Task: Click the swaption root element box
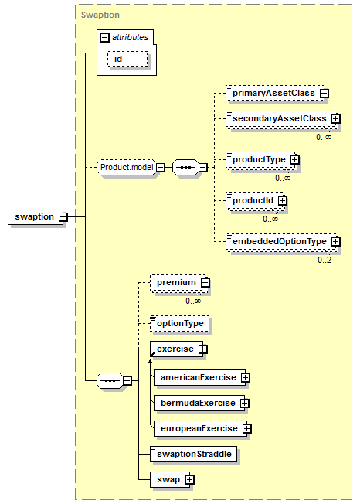tap(36, 216)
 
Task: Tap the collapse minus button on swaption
tap(63, 216)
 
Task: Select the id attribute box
tap(127, 60)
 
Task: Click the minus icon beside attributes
tap(105, 38)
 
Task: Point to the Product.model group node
tap(126, 167)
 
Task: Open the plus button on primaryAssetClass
tap(324, 94)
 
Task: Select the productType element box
tap(261, 160)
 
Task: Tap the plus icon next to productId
tap(282, 200)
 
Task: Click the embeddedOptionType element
tap(282, 242)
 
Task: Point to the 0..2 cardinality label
tap(324, 260)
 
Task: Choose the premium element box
tap(178, 283)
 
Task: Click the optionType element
tap(179, 323)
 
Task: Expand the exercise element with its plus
tap(203, 349)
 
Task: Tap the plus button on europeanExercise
tap(246, 429)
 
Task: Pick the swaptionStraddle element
tap(193, 455)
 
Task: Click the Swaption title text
tap(100, 15)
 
